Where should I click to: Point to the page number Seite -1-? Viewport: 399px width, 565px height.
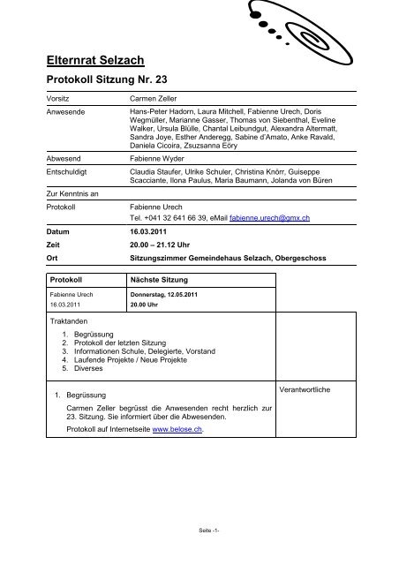tap(199, 530)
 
